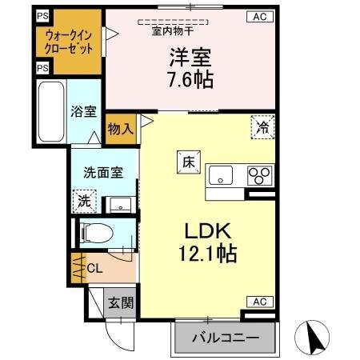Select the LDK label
tap(208, 231)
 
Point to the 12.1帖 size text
tap(208, 255)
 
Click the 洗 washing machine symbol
tap(82, 200)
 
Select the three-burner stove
tap(259, 174)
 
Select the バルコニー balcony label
tap(225, 338)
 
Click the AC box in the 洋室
tap(259, 16)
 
